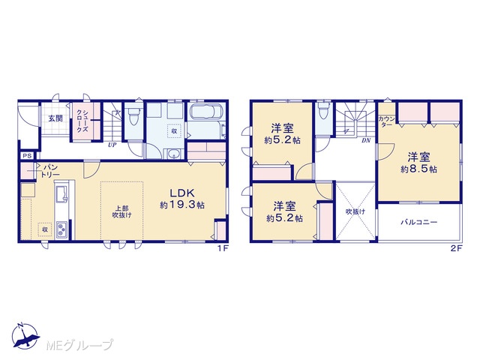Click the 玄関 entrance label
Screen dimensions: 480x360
coord(55,118)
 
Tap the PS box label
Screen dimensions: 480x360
coord(28,156)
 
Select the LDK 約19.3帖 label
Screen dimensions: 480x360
coord(182,199)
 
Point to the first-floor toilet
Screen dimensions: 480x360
coord(133,117)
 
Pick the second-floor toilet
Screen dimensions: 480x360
coord(322,112)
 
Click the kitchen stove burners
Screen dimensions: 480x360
coord(62,229)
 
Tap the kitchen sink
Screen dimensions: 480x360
coord(62,193)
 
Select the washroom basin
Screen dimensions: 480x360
coord(175,154)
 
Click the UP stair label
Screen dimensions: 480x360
coord(112,145)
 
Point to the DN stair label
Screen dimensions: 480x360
coord(366,141)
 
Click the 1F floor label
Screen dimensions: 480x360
coord(223,248)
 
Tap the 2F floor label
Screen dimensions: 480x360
coord(456,248)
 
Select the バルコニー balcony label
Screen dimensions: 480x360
coord(419,223)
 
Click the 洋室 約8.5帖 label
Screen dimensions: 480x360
coord(418,163)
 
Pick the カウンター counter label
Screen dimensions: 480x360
coord(387,121)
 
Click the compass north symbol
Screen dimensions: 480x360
coord(25,335)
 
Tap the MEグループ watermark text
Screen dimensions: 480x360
coord(79,345)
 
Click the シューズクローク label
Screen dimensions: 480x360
coord(82,121)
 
